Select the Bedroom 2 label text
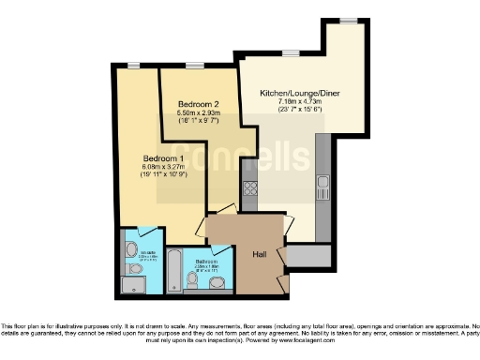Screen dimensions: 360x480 [x=197, y=103]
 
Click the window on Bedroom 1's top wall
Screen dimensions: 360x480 [x=135, y=67]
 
